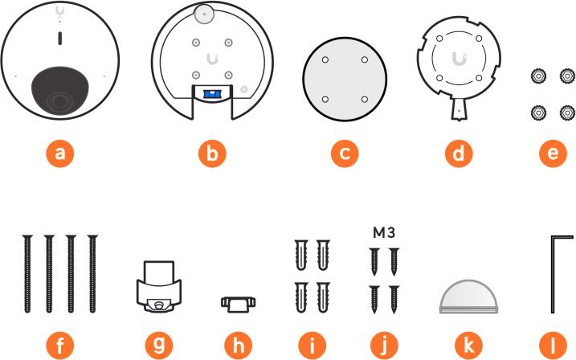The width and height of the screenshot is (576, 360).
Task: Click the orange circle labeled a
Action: pos(60,153)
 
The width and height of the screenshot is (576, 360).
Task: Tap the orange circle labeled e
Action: pos(550,153)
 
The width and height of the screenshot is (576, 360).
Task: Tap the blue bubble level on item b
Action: pos(211,94)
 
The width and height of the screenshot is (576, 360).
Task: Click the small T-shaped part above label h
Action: pos(238,303)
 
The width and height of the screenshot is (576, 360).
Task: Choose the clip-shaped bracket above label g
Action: pos(159,286)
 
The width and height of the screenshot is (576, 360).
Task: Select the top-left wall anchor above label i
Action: pos(297,256)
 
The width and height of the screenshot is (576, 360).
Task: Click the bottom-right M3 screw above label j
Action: pos(394,300)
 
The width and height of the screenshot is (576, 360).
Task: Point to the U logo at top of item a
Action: pos(60,12)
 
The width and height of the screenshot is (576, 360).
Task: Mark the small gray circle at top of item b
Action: pos(204,13)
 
